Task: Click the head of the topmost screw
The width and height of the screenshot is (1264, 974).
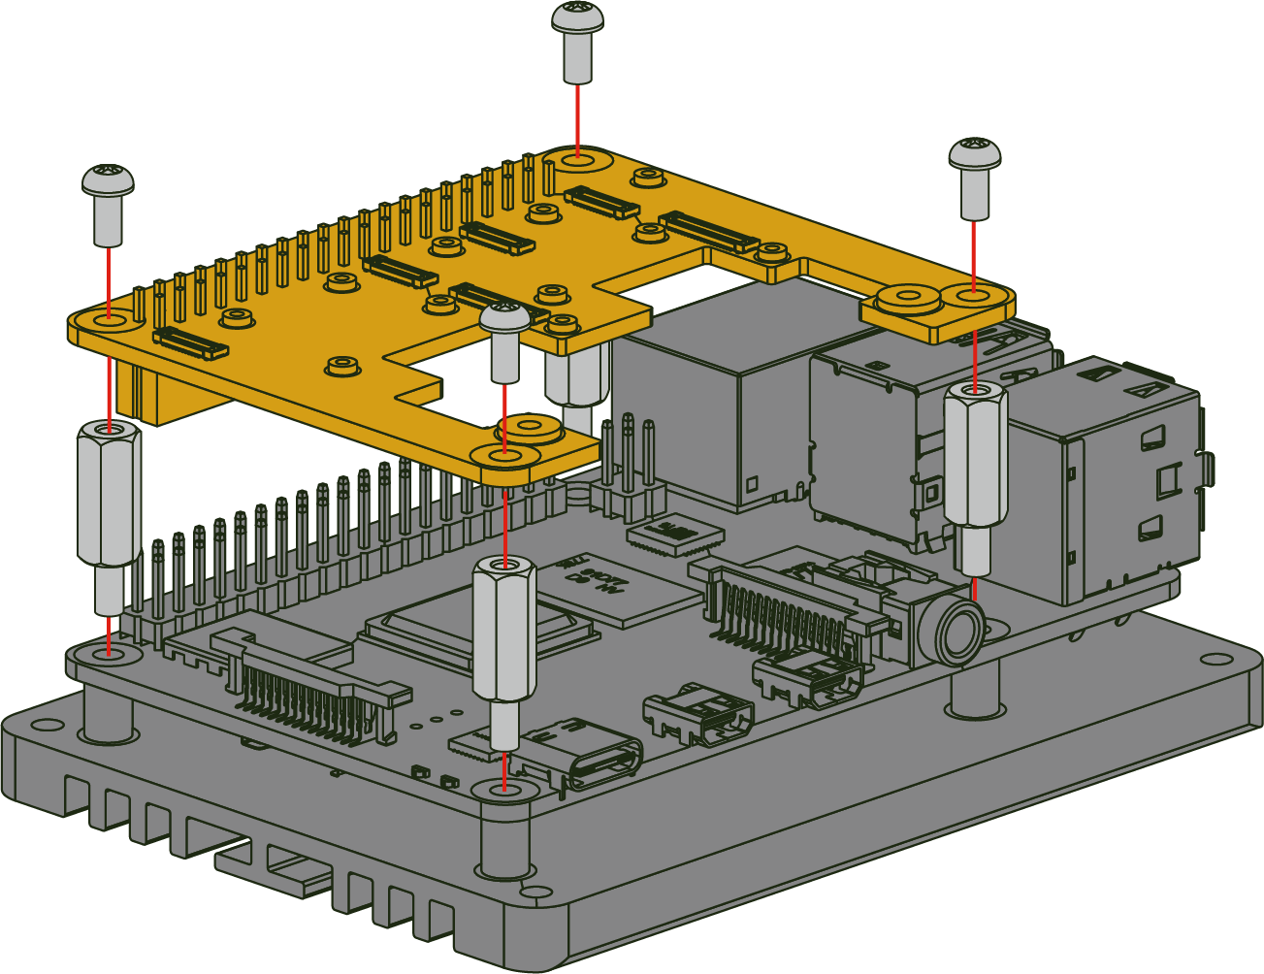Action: point(577,16)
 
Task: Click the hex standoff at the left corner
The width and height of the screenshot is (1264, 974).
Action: point(109,495)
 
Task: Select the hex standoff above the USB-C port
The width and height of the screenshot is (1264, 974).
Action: point(503,630)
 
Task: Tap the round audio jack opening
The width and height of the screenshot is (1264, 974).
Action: point(960,631)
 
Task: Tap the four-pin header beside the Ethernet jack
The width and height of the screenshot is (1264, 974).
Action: point(629,466)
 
